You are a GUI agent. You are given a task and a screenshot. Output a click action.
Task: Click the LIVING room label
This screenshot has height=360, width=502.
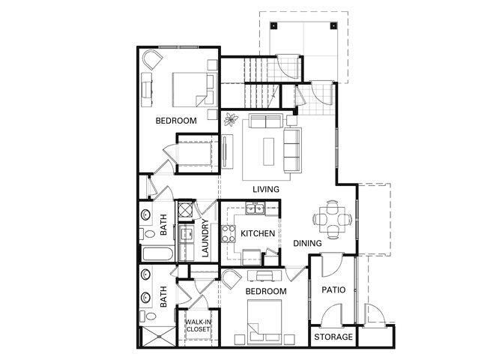(266, 188)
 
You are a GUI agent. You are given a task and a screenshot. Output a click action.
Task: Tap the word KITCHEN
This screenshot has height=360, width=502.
(257, 234)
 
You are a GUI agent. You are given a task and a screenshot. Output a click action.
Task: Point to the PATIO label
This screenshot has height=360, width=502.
(333, 289)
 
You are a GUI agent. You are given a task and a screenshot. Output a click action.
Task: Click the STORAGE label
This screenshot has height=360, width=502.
(333, 337)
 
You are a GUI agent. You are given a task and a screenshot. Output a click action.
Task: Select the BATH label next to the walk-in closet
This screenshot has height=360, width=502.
(163, 297)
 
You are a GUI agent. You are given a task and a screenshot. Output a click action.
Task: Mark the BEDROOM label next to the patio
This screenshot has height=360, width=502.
(266, 291)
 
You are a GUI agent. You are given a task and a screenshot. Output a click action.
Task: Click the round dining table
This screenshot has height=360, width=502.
(332, 219)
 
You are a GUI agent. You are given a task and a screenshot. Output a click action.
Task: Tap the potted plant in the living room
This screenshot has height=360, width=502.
(232, 120)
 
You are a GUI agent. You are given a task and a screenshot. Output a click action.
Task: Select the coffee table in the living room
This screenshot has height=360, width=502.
(267, 151)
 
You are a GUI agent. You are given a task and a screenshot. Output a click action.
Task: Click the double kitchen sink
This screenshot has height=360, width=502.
(257, 209)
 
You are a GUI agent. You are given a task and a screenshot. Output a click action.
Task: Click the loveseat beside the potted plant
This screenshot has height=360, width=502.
(267, 121)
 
